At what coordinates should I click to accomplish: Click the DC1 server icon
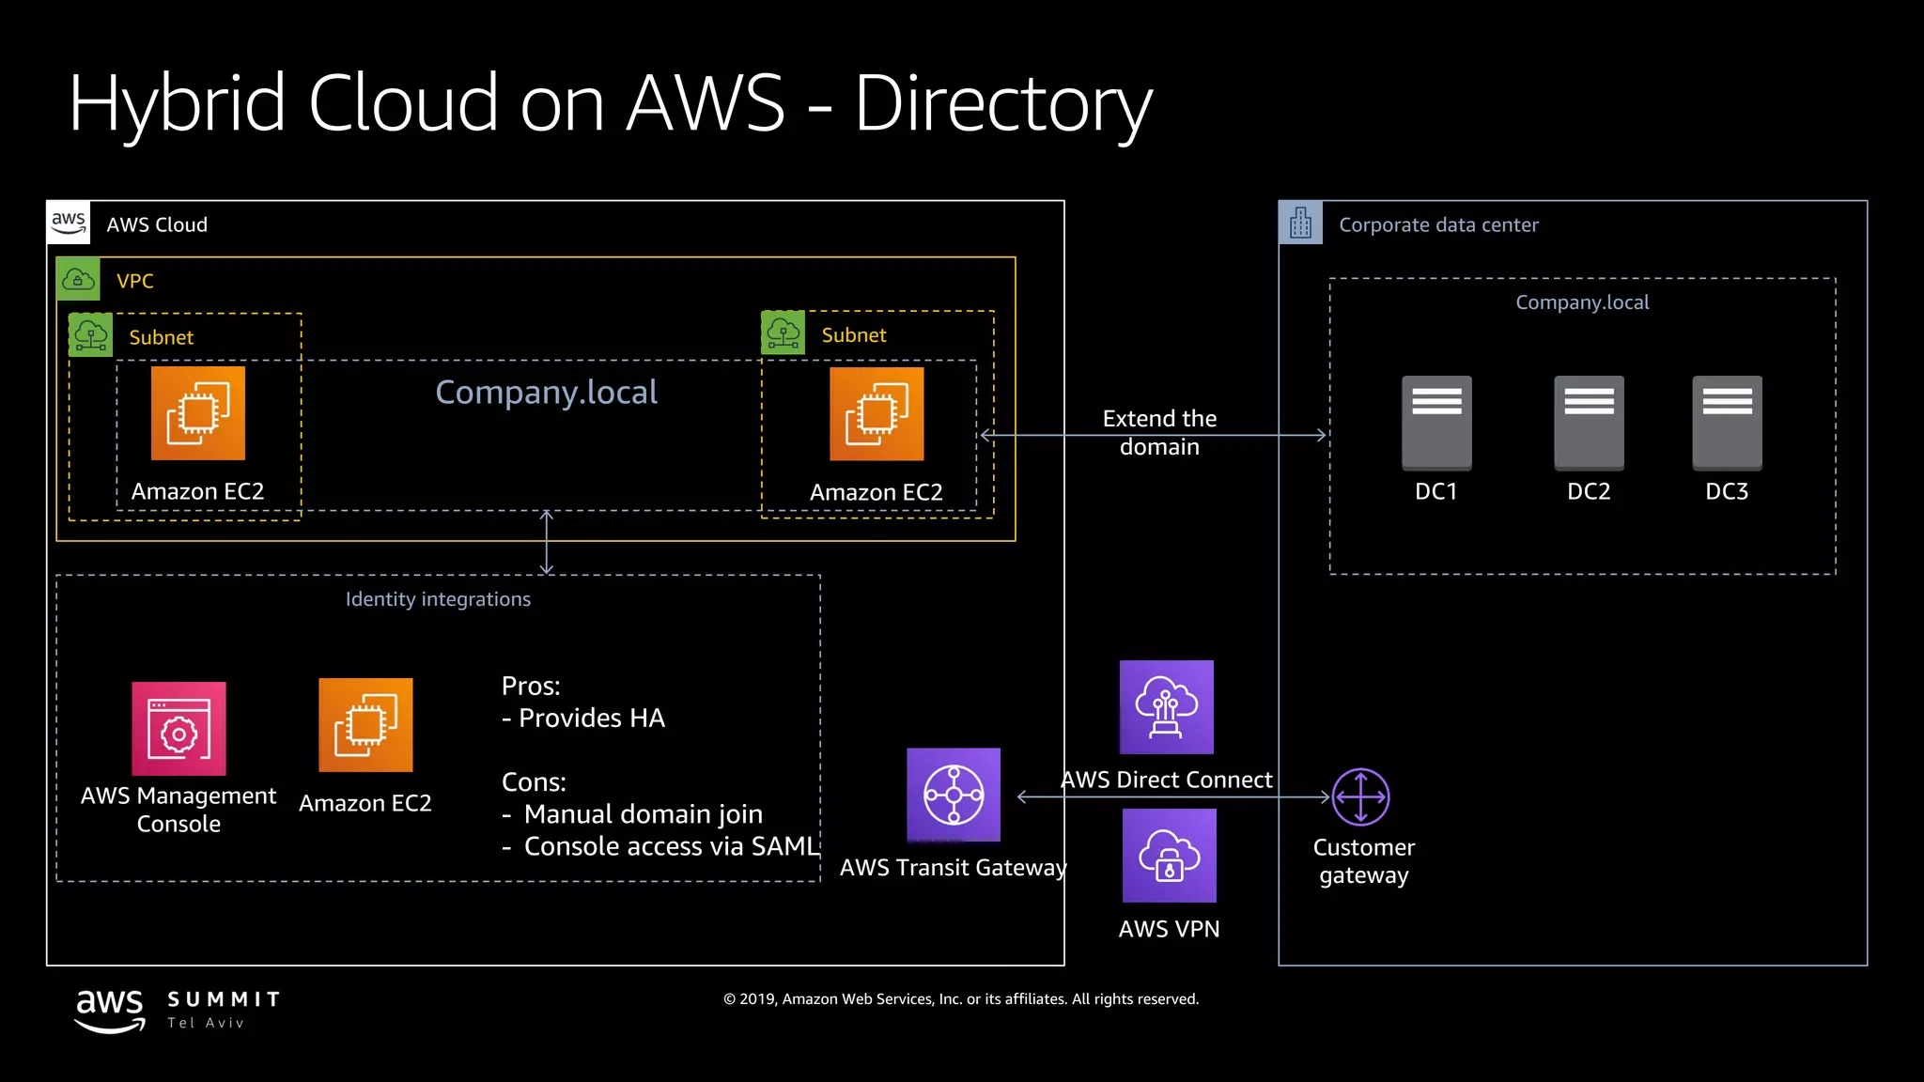(x=1436, y=423)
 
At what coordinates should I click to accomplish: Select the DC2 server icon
(x=1589, y=423)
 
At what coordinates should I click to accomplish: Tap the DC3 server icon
(x=1727, y=423)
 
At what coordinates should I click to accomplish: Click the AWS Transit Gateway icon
(x=954, y=795)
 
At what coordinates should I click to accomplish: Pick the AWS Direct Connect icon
(x=1167, y=707)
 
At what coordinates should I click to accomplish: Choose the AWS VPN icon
(x=1169, y=856)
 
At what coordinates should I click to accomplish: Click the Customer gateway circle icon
(x=1360, y=796)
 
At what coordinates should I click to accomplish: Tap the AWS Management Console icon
(x=178, y=729)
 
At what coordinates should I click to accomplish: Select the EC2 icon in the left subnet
(x=198, y=413)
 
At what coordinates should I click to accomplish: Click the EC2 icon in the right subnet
(x=877, y=414)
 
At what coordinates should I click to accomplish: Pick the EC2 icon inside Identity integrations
(x=365, y=725)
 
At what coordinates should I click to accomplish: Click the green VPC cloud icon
(x=78, y=280)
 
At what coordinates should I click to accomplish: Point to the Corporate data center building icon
(x=1300, y=224)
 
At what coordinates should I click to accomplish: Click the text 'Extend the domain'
(x=1159, y=432)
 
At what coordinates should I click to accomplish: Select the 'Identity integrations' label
(x=438, y=599)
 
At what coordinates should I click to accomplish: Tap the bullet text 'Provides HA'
(x=591, y=719)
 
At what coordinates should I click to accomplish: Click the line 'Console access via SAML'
(x=671, y=846)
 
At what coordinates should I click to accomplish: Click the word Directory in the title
(x=1002, y=103)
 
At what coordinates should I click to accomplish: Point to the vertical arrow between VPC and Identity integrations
(x=547, y=543)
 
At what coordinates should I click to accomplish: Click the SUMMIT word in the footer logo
(x=224, y=999)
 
